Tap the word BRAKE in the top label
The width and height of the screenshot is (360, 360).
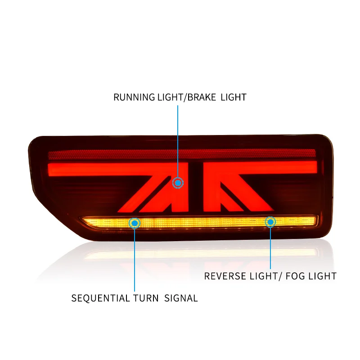coord(201,97)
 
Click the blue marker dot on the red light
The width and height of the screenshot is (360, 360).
coord(179,183)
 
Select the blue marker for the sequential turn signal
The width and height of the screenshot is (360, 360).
coord(135,223)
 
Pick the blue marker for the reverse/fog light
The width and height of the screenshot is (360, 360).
coord(270,221)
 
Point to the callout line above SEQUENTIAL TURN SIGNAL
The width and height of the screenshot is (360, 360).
coord(135,261)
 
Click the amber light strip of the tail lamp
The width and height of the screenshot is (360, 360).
coord(202,221)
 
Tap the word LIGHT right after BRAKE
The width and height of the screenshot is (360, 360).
coord(234,97)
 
